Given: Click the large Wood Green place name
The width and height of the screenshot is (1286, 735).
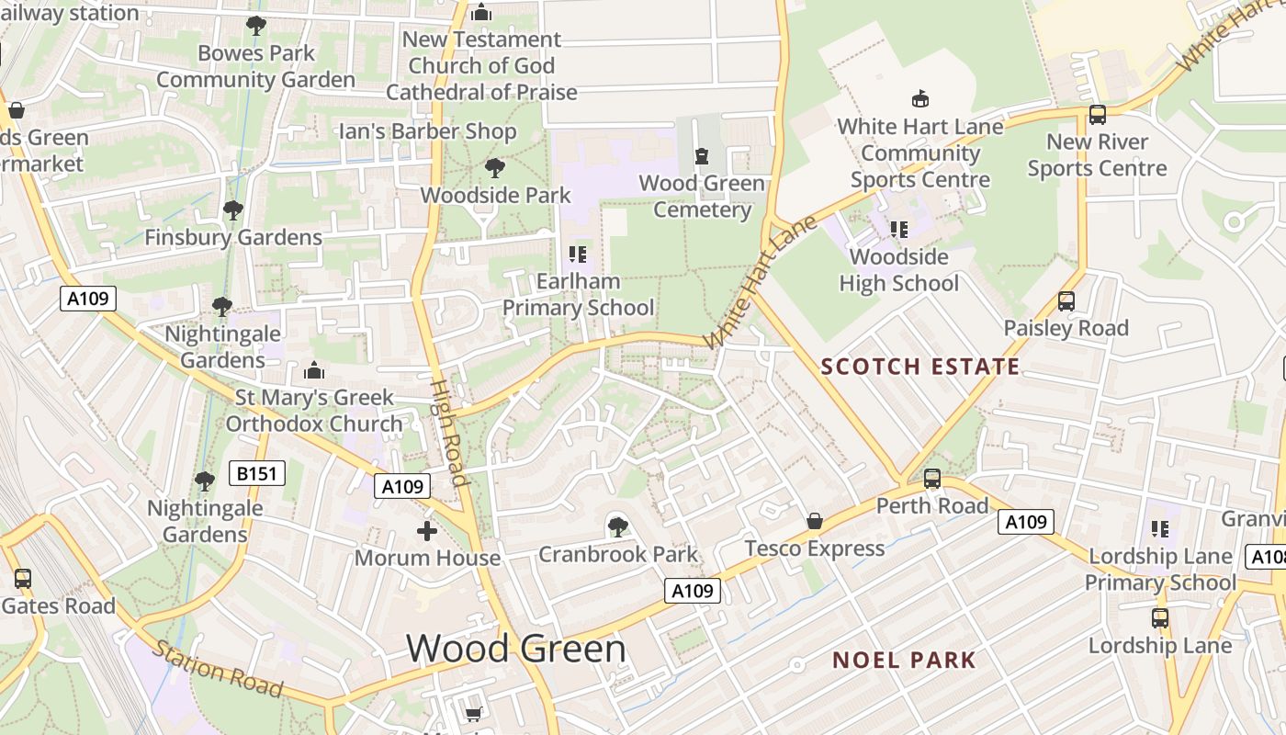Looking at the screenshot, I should point(516,649).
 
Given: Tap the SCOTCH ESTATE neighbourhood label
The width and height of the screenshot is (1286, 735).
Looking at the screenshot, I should point(920,367).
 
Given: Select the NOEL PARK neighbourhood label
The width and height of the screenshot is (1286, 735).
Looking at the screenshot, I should point(904,660).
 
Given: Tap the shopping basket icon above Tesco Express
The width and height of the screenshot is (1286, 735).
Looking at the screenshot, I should point(814,522).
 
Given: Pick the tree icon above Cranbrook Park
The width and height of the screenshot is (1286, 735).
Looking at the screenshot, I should point(617,527).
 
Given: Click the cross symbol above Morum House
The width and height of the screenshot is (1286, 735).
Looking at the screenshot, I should point(427,531).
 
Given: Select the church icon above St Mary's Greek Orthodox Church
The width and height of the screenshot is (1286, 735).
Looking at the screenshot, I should point(314,371).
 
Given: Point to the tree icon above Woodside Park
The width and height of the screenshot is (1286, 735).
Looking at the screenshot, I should point(495,168).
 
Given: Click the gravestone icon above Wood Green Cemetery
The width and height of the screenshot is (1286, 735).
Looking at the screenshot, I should point(702,156).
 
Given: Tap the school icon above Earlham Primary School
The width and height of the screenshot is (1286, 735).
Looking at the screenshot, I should point(578,254).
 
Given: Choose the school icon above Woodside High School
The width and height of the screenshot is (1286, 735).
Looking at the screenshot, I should point(899,229).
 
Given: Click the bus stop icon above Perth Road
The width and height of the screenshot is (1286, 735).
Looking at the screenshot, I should point(931,479).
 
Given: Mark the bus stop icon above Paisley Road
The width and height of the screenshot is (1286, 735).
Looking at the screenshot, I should point(1066,301).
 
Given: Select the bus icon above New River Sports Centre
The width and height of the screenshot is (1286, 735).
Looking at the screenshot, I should point(1097,115).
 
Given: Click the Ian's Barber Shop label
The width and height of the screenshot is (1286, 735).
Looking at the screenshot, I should point(428,131).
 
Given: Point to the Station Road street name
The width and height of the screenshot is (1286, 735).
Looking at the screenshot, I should point(217,668).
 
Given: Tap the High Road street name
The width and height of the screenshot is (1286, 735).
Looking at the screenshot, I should point(449,432).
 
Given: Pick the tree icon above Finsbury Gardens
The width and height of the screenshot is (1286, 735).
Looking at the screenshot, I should point(232,210).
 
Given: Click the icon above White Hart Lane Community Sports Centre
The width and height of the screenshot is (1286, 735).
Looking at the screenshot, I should point(919,98).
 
